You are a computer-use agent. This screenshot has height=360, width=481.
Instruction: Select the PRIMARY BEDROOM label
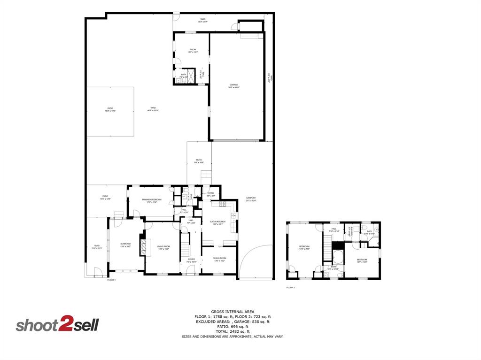pos(152,200)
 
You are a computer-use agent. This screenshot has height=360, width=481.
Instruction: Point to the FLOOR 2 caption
pos(291,287)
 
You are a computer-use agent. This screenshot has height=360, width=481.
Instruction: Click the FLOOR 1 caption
pos(111,280)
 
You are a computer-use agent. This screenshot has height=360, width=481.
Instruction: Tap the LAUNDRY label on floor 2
pos(349,231)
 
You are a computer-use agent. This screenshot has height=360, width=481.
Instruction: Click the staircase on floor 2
pos(327,248)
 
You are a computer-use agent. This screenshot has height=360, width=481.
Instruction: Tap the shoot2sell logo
pos(57,325)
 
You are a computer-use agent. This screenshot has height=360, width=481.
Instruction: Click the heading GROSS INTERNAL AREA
pos(233,312)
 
